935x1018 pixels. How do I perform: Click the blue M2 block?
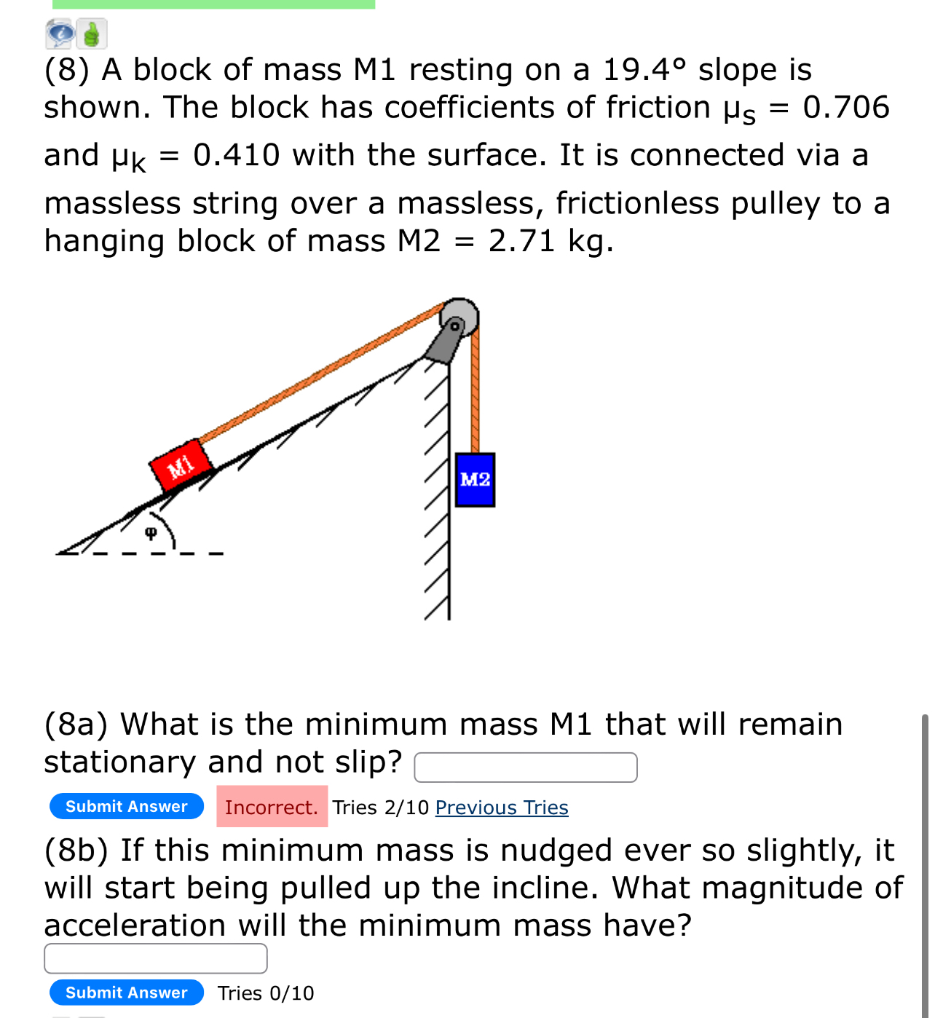[x=475, y=479]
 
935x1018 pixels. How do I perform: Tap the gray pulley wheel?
[x=459, y=317]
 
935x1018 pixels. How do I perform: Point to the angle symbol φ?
[x=151, y=533]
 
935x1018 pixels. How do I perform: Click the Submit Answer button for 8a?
[x=127, y=806]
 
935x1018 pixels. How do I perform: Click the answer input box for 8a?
[x=525, y=767]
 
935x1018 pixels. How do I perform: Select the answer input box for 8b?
[x=155, y=958]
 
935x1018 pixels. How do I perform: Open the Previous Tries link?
[x=502, y=808]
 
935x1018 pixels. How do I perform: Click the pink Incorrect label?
[x=272, y=807]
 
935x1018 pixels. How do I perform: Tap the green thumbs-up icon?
[x=92, y=33]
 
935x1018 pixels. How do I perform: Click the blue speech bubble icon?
[x=60, y=33]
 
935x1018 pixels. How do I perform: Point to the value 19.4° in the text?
[x=644, y=70]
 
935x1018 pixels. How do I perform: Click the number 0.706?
[x=846, y=108]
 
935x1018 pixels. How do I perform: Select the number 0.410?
[x=237, y=155]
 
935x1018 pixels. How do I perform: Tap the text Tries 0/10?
[x=266, y=993]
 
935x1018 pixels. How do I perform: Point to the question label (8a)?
[x=76, y=725]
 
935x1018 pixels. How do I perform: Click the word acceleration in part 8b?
[x=135, y=926]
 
